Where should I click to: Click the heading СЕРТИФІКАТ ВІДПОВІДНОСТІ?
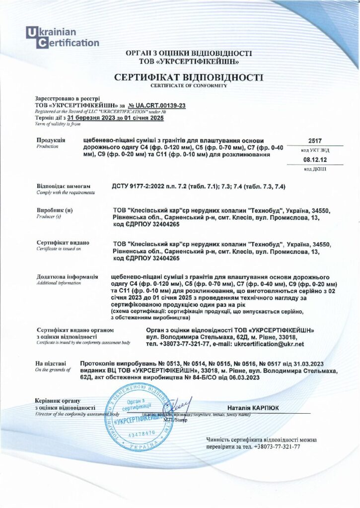(x=189, y=77)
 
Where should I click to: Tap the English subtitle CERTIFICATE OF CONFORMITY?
(x=189, y=85)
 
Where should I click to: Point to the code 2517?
(x=315, y=140)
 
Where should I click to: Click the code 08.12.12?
(x=315, y=161)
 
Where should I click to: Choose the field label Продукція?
(x=51, y=140)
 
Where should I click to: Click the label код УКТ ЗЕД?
(x=315, y=150)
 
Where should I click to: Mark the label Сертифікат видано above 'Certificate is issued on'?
(x=63, y=243)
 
